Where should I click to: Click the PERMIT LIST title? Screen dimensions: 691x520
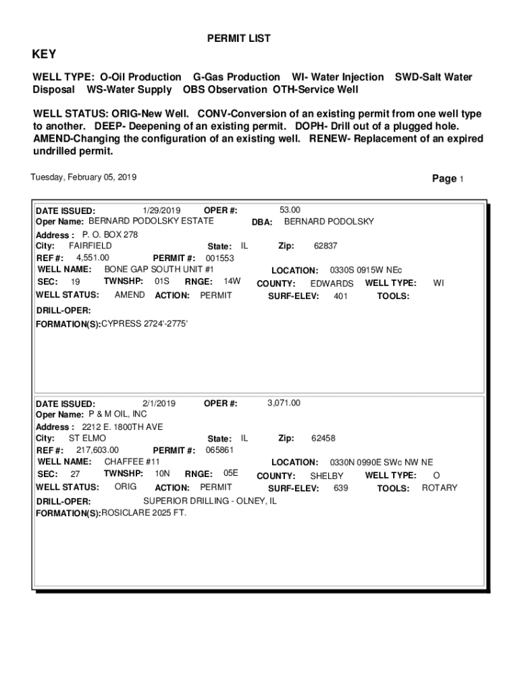coord(238,38)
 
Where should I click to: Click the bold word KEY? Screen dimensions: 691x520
coord(45,55)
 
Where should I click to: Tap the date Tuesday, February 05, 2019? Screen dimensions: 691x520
coord(84,177)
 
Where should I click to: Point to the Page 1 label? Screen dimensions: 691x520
coord(448,179)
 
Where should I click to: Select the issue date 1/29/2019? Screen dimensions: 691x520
coord(162,210)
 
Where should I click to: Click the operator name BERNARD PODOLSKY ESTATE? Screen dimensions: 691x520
coord(151,221)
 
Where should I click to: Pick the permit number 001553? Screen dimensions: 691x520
coord(219,258)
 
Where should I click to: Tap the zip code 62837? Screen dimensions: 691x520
coord(326,246)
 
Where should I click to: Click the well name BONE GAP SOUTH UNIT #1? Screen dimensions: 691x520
coord(159,269)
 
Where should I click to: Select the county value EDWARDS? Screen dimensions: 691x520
coord(332,283)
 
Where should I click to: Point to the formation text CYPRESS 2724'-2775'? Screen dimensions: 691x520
coord(145,324)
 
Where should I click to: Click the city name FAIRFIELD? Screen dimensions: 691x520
coord(90,246)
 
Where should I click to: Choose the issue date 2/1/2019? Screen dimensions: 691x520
coord(159,404)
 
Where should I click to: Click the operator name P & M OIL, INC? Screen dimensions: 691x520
coord(118,414)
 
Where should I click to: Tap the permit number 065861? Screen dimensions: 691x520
coord(219,450)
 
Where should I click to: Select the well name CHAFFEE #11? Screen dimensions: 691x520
coord(132,462)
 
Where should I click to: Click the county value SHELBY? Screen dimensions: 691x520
coord(327,476)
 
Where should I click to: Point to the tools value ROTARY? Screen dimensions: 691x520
coord(440,488)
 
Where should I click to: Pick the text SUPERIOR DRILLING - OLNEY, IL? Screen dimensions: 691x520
coord(210,501)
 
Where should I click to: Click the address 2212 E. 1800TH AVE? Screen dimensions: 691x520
coord(122,427)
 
